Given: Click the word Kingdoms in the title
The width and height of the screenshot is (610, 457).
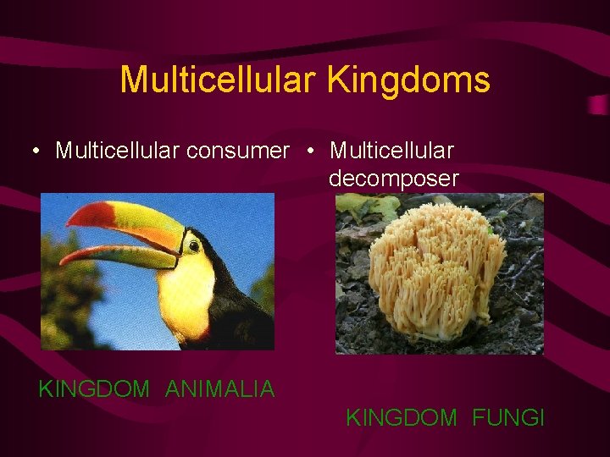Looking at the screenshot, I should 408,80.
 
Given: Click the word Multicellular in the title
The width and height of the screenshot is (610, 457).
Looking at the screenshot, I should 219,80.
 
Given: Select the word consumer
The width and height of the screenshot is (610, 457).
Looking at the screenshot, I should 238,151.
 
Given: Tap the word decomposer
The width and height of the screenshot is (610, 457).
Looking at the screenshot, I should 393,179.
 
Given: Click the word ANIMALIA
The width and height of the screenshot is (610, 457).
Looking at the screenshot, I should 219,389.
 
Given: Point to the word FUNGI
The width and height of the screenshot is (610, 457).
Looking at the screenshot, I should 508,417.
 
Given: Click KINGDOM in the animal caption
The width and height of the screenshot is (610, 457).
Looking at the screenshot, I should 94,389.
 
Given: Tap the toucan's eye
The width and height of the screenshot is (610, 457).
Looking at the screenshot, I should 194,245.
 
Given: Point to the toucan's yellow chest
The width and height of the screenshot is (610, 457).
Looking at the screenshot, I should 185,292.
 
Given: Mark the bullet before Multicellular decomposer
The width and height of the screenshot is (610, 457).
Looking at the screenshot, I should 313,151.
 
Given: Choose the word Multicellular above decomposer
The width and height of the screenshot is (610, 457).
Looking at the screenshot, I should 391,151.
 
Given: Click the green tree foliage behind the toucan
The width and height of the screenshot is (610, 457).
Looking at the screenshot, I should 68,296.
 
